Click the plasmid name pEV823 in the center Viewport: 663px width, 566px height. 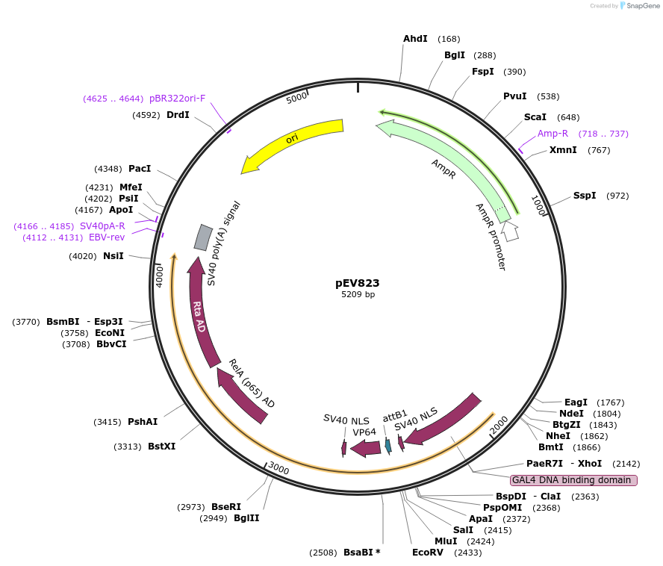[x=357, y=283]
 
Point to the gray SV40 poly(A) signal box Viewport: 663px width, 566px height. [x=203, y=237]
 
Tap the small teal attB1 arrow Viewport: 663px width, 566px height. [x=387, y=445]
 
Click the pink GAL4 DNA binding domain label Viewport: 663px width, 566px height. [x=573, y=480]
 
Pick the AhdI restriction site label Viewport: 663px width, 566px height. [x=415, y=39]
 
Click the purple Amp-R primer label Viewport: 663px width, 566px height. [x=552, y=134]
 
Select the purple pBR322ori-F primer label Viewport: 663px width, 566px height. [x=177, y=99]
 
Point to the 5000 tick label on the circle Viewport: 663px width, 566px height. [x=297, y=98]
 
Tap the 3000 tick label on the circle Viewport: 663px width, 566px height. [x=278, y=469]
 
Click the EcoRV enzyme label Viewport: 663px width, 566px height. [x=427, y=553]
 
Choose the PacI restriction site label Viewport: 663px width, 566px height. [x=140, y=169]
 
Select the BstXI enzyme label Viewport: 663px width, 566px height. [x=161, y=447]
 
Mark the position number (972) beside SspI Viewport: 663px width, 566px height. [x=617, y=196]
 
